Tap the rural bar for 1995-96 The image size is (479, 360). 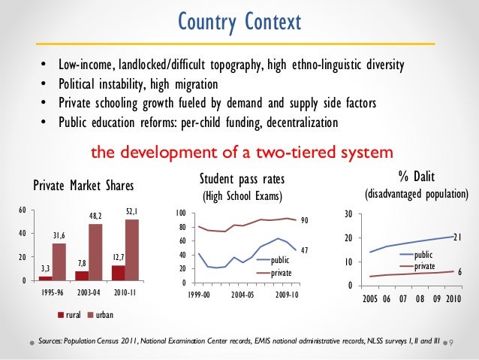click(x=44, y=279)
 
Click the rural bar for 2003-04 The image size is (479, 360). click(x=82, y=276)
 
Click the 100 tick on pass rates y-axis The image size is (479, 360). click(x=181, y=214)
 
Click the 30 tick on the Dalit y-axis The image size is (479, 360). click(x=348, y=214)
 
